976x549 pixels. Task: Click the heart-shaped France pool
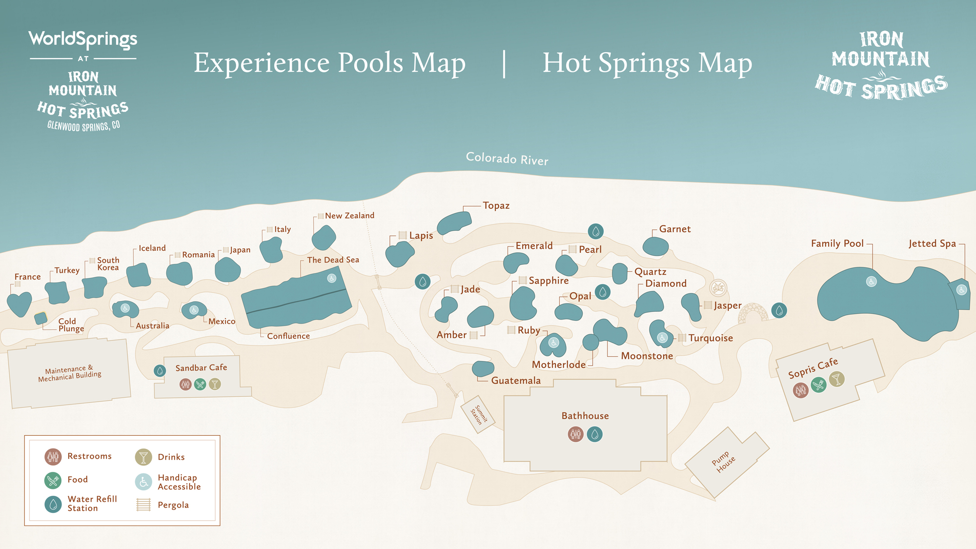click(20, 304)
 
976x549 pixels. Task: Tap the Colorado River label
click(507, 159)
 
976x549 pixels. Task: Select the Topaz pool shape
click(454, 223)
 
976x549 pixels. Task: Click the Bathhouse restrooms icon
click(575, 434)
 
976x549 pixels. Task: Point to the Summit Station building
click(478, 414)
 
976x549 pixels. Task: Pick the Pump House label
click(723, 462)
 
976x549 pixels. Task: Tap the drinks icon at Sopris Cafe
click(837, 379)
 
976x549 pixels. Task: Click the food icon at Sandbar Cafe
click(200, 385)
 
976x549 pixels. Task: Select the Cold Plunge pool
click(41, 319)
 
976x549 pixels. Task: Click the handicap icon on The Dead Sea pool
click(332, 278)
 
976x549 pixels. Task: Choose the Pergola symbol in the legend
click(143, 505)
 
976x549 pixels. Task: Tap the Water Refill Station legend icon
click(53, 504)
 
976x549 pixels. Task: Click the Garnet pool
click(655, 246)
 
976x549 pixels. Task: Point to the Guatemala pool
click(483, 368)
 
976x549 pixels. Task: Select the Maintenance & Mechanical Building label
click(70, 373)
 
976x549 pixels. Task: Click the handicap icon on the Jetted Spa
click(961, 290)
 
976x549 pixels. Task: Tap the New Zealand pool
click(324, 238)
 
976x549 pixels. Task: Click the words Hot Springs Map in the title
click(647, 63)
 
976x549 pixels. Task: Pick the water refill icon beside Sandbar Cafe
click(160, 371)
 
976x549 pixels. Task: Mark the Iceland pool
click(139, 275)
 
